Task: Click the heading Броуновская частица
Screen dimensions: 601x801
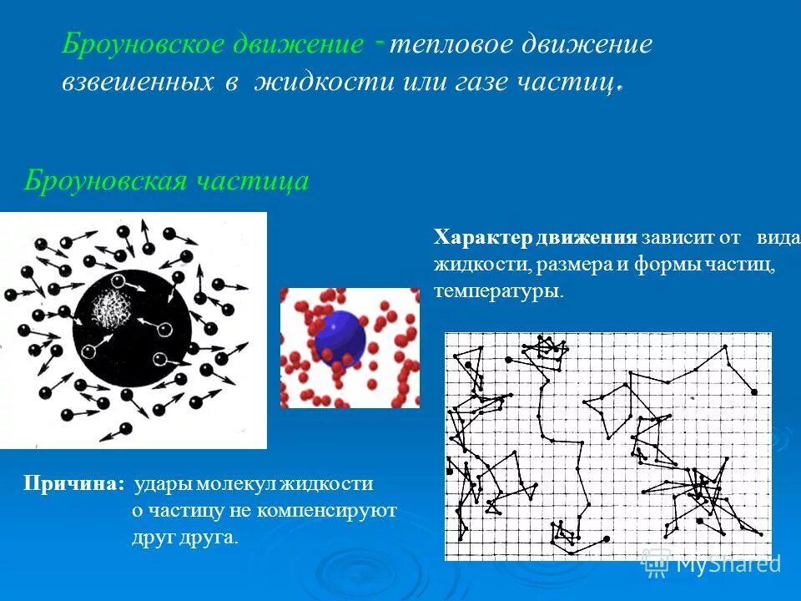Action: (x=166, y=180)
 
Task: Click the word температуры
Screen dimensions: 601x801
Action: (x=498, y=292)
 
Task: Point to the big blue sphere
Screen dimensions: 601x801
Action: (x=340, y=337)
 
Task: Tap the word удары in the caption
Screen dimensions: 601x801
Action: (x=162, y=484)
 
